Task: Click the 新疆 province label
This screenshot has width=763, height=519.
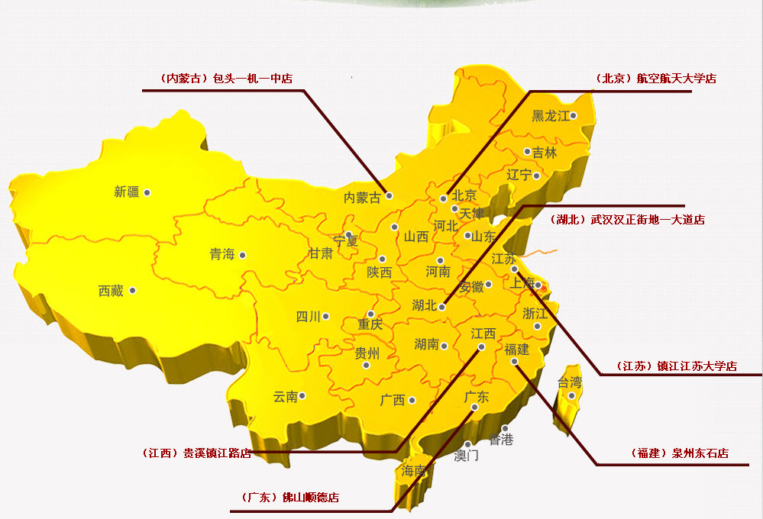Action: pyautogui.click(x=127, y=192)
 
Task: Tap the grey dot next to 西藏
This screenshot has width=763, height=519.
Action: pyautogui.click(x=133, y=290)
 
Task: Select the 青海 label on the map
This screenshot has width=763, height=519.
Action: pyautogui.click(x=222, y=255)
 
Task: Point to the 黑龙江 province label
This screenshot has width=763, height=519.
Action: pyautogui.click(x=551, y=116)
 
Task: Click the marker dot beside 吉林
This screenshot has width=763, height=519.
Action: pyautogui.click(x=527, y=152)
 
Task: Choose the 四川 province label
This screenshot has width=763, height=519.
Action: pyautogui.click(x=308, y=317)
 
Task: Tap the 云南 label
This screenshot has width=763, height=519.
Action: pyautogui.click(x=285, y=397)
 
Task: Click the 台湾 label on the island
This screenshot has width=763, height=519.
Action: pyautogui.click(x=569, y=382)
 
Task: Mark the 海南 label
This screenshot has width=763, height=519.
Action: pyautogui.click(x=413, y=472)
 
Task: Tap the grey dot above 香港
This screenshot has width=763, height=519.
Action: pyautogui.click(x=505, y=429)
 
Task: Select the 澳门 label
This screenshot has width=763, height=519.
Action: pyautogui.click(x=466, y=456)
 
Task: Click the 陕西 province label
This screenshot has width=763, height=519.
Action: pyautogui.click(x=379, y=272)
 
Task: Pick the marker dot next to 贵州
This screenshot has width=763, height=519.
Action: pyautogui.click(x=366, y=365)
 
